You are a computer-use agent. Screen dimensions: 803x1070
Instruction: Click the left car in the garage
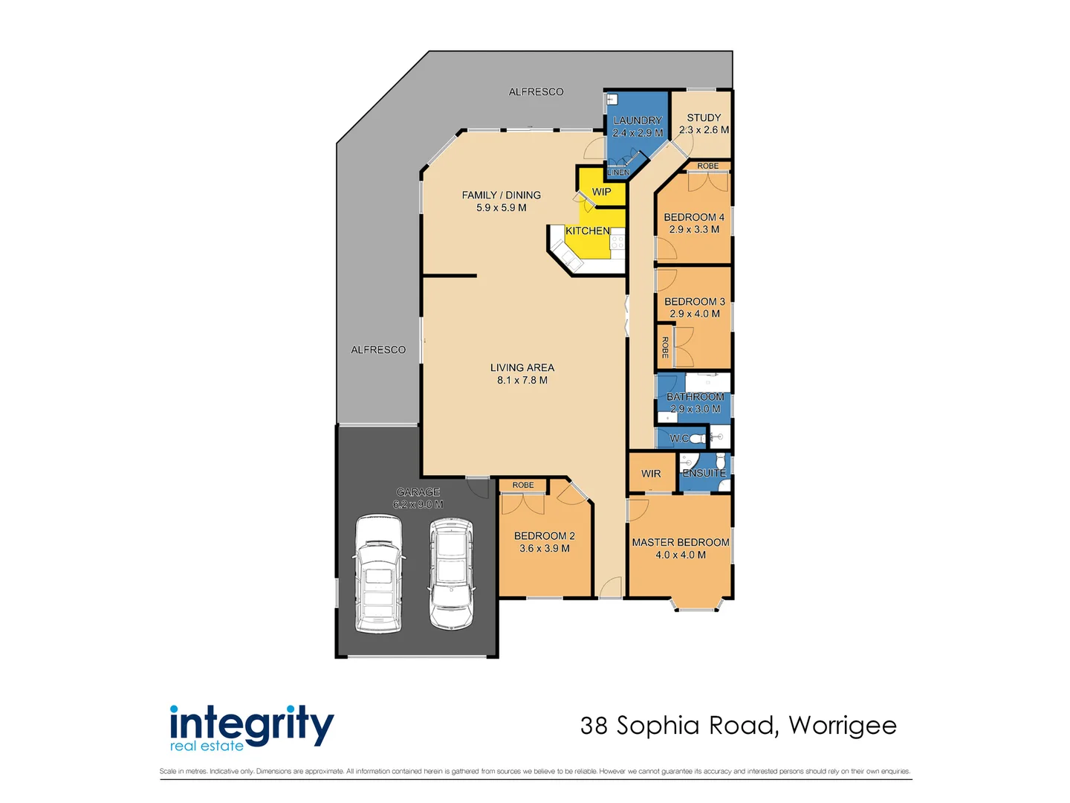click(379, 573)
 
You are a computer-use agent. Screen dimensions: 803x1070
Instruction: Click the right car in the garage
click(451, 573)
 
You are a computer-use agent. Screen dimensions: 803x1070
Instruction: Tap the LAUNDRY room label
click(637, 120)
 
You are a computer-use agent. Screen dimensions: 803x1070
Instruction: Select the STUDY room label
click(704, 117)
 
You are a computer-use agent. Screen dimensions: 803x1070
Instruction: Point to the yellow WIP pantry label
click(601, 192)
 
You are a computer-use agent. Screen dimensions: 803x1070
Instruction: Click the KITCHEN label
click(587, 231)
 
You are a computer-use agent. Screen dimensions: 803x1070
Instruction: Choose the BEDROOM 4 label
click(694, 217)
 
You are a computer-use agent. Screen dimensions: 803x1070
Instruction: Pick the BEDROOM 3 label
click(694, 301)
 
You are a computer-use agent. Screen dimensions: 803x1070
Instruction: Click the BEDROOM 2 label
click(544, 536)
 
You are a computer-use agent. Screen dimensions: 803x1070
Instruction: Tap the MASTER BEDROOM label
click(680, 543)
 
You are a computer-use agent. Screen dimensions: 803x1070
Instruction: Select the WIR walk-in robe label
click(651, 474)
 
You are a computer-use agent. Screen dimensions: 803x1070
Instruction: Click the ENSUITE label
click(704, 473)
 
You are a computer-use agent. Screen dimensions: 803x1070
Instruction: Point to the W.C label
click(679, 439)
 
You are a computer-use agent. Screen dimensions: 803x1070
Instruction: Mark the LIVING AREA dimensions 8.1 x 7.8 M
click(522, 381)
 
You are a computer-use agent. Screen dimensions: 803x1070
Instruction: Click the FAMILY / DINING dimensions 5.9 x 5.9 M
click(501, 208)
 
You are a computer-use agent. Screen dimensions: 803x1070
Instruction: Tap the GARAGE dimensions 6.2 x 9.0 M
click(418, 505)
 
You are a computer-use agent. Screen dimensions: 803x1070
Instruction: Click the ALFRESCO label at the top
click(536, 92)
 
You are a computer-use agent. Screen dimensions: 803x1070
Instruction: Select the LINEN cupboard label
click(617, 172)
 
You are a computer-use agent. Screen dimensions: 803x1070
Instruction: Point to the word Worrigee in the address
click(842, 726)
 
